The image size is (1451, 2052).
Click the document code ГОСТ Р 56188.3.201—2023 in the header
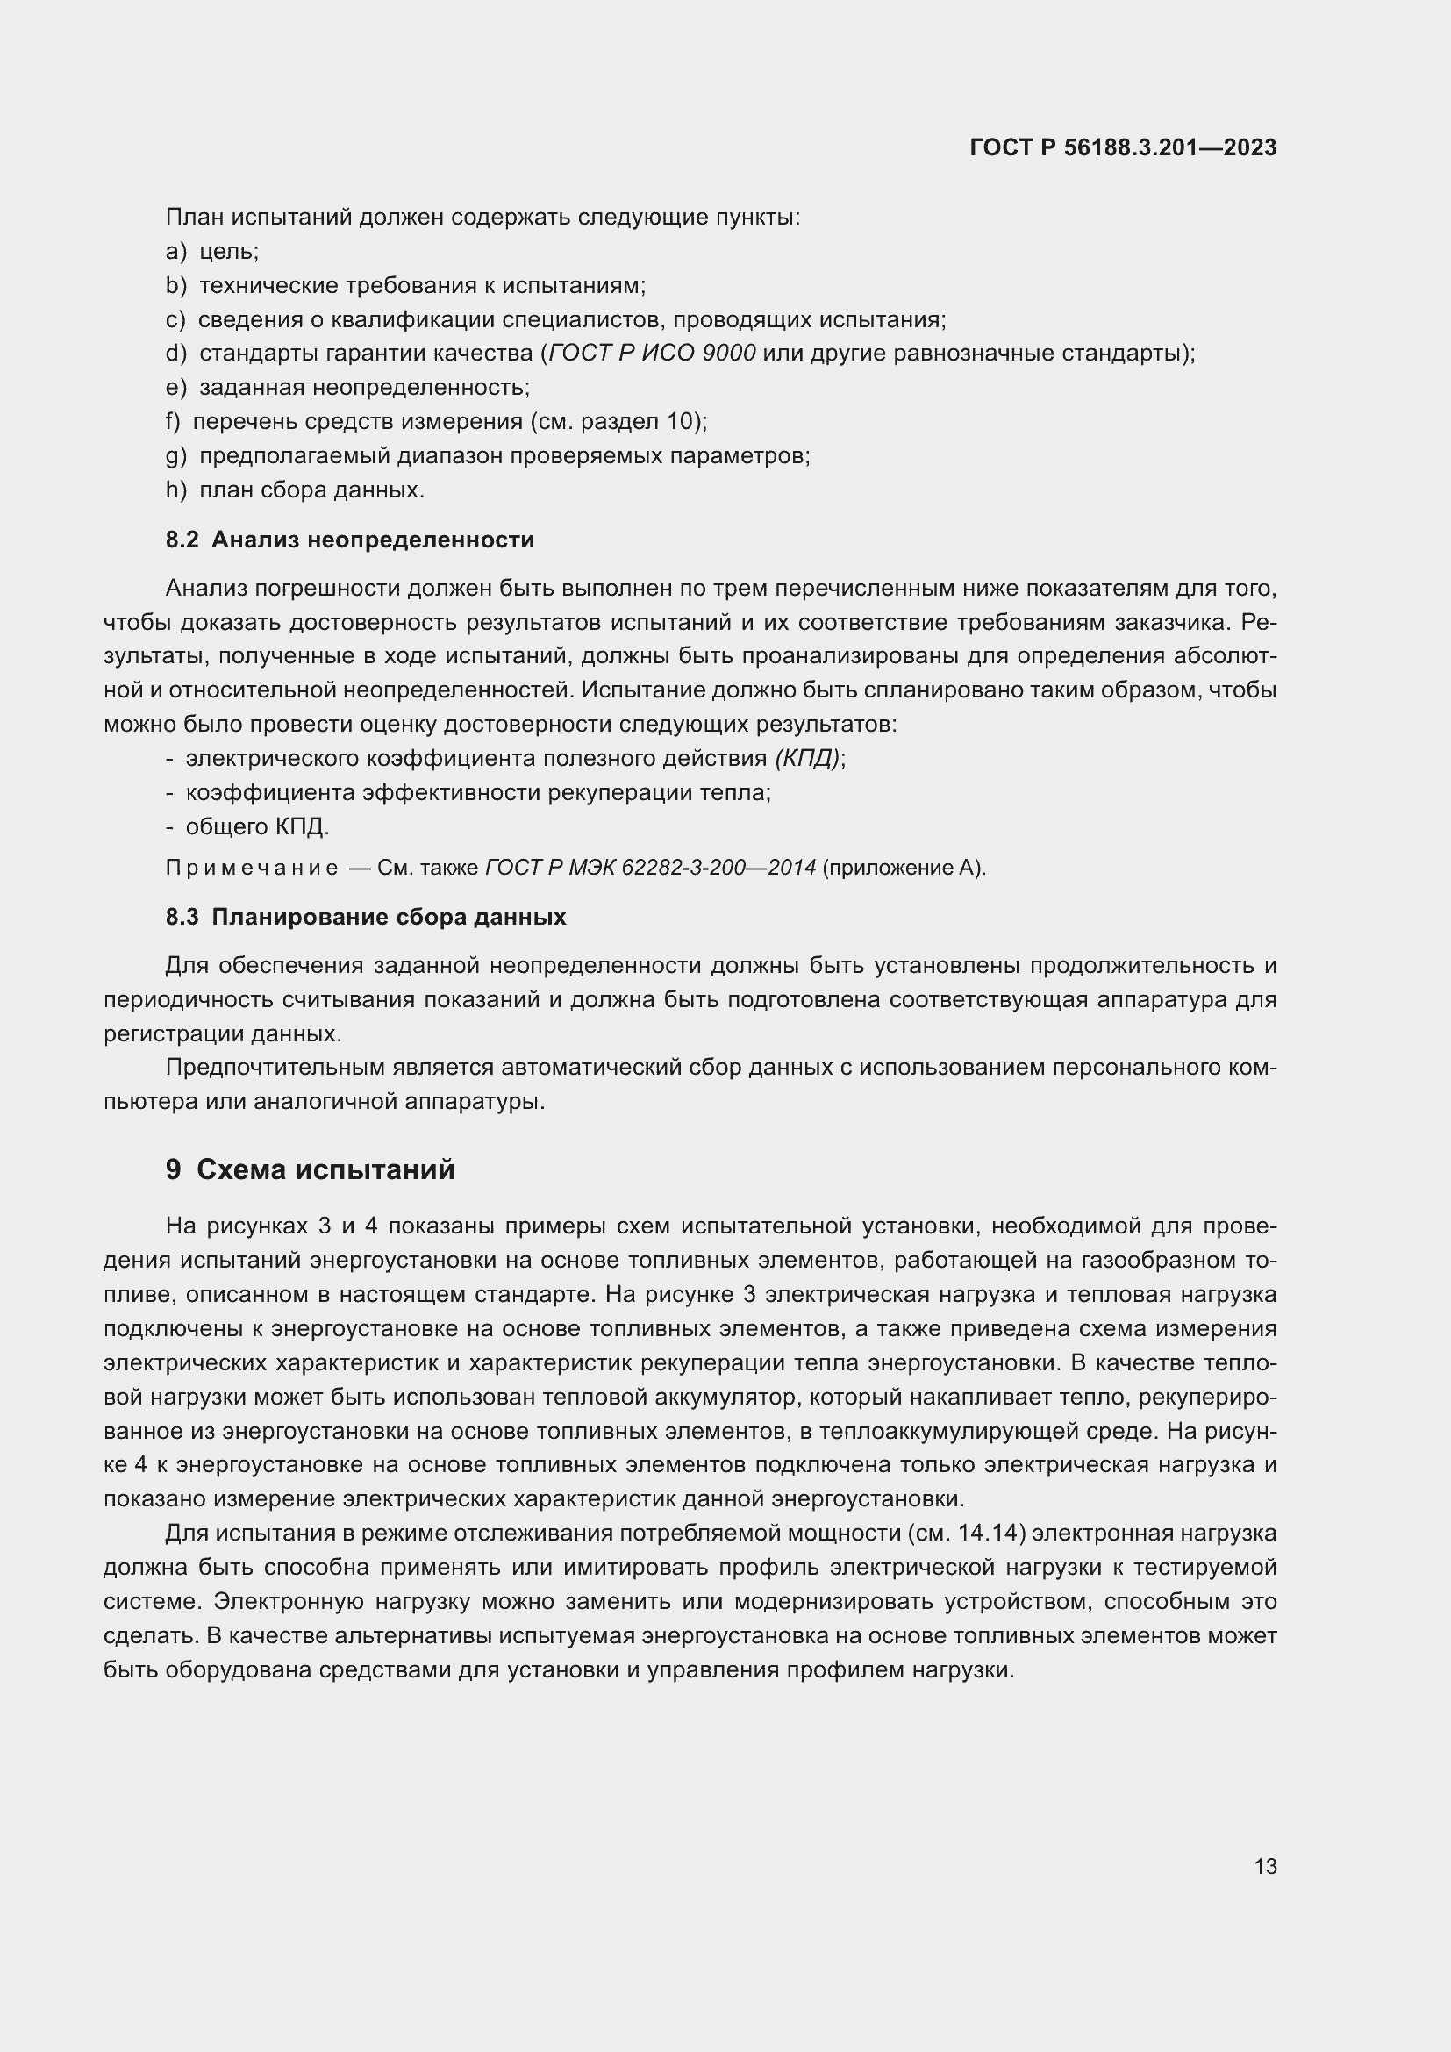(1123, 147)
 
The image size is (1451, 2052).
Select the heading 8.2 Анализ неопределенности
(349, 540)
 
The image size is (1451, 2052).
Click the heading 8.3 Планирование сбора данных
(366, 917)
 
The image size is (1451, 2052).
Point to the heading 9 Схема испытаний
(310, 1170)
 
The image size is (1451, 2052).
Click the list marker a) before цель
(176, 251)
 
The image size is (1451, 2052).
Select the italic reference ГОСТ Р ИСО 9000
(652, 353)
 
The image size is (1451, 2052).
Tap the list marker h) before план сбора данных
(176, 490)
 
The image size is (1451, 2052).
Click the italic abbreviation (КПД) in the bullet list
(807, 759)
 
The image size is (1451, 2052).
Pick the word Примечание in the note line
(252, 868)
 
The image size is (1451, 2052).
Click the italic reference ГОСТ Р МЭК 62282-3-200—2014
(650, 868)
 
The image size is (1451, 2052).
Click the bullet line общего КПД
(257, 826)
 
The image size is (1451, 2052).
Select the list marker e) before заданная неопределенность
(176, 388)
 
